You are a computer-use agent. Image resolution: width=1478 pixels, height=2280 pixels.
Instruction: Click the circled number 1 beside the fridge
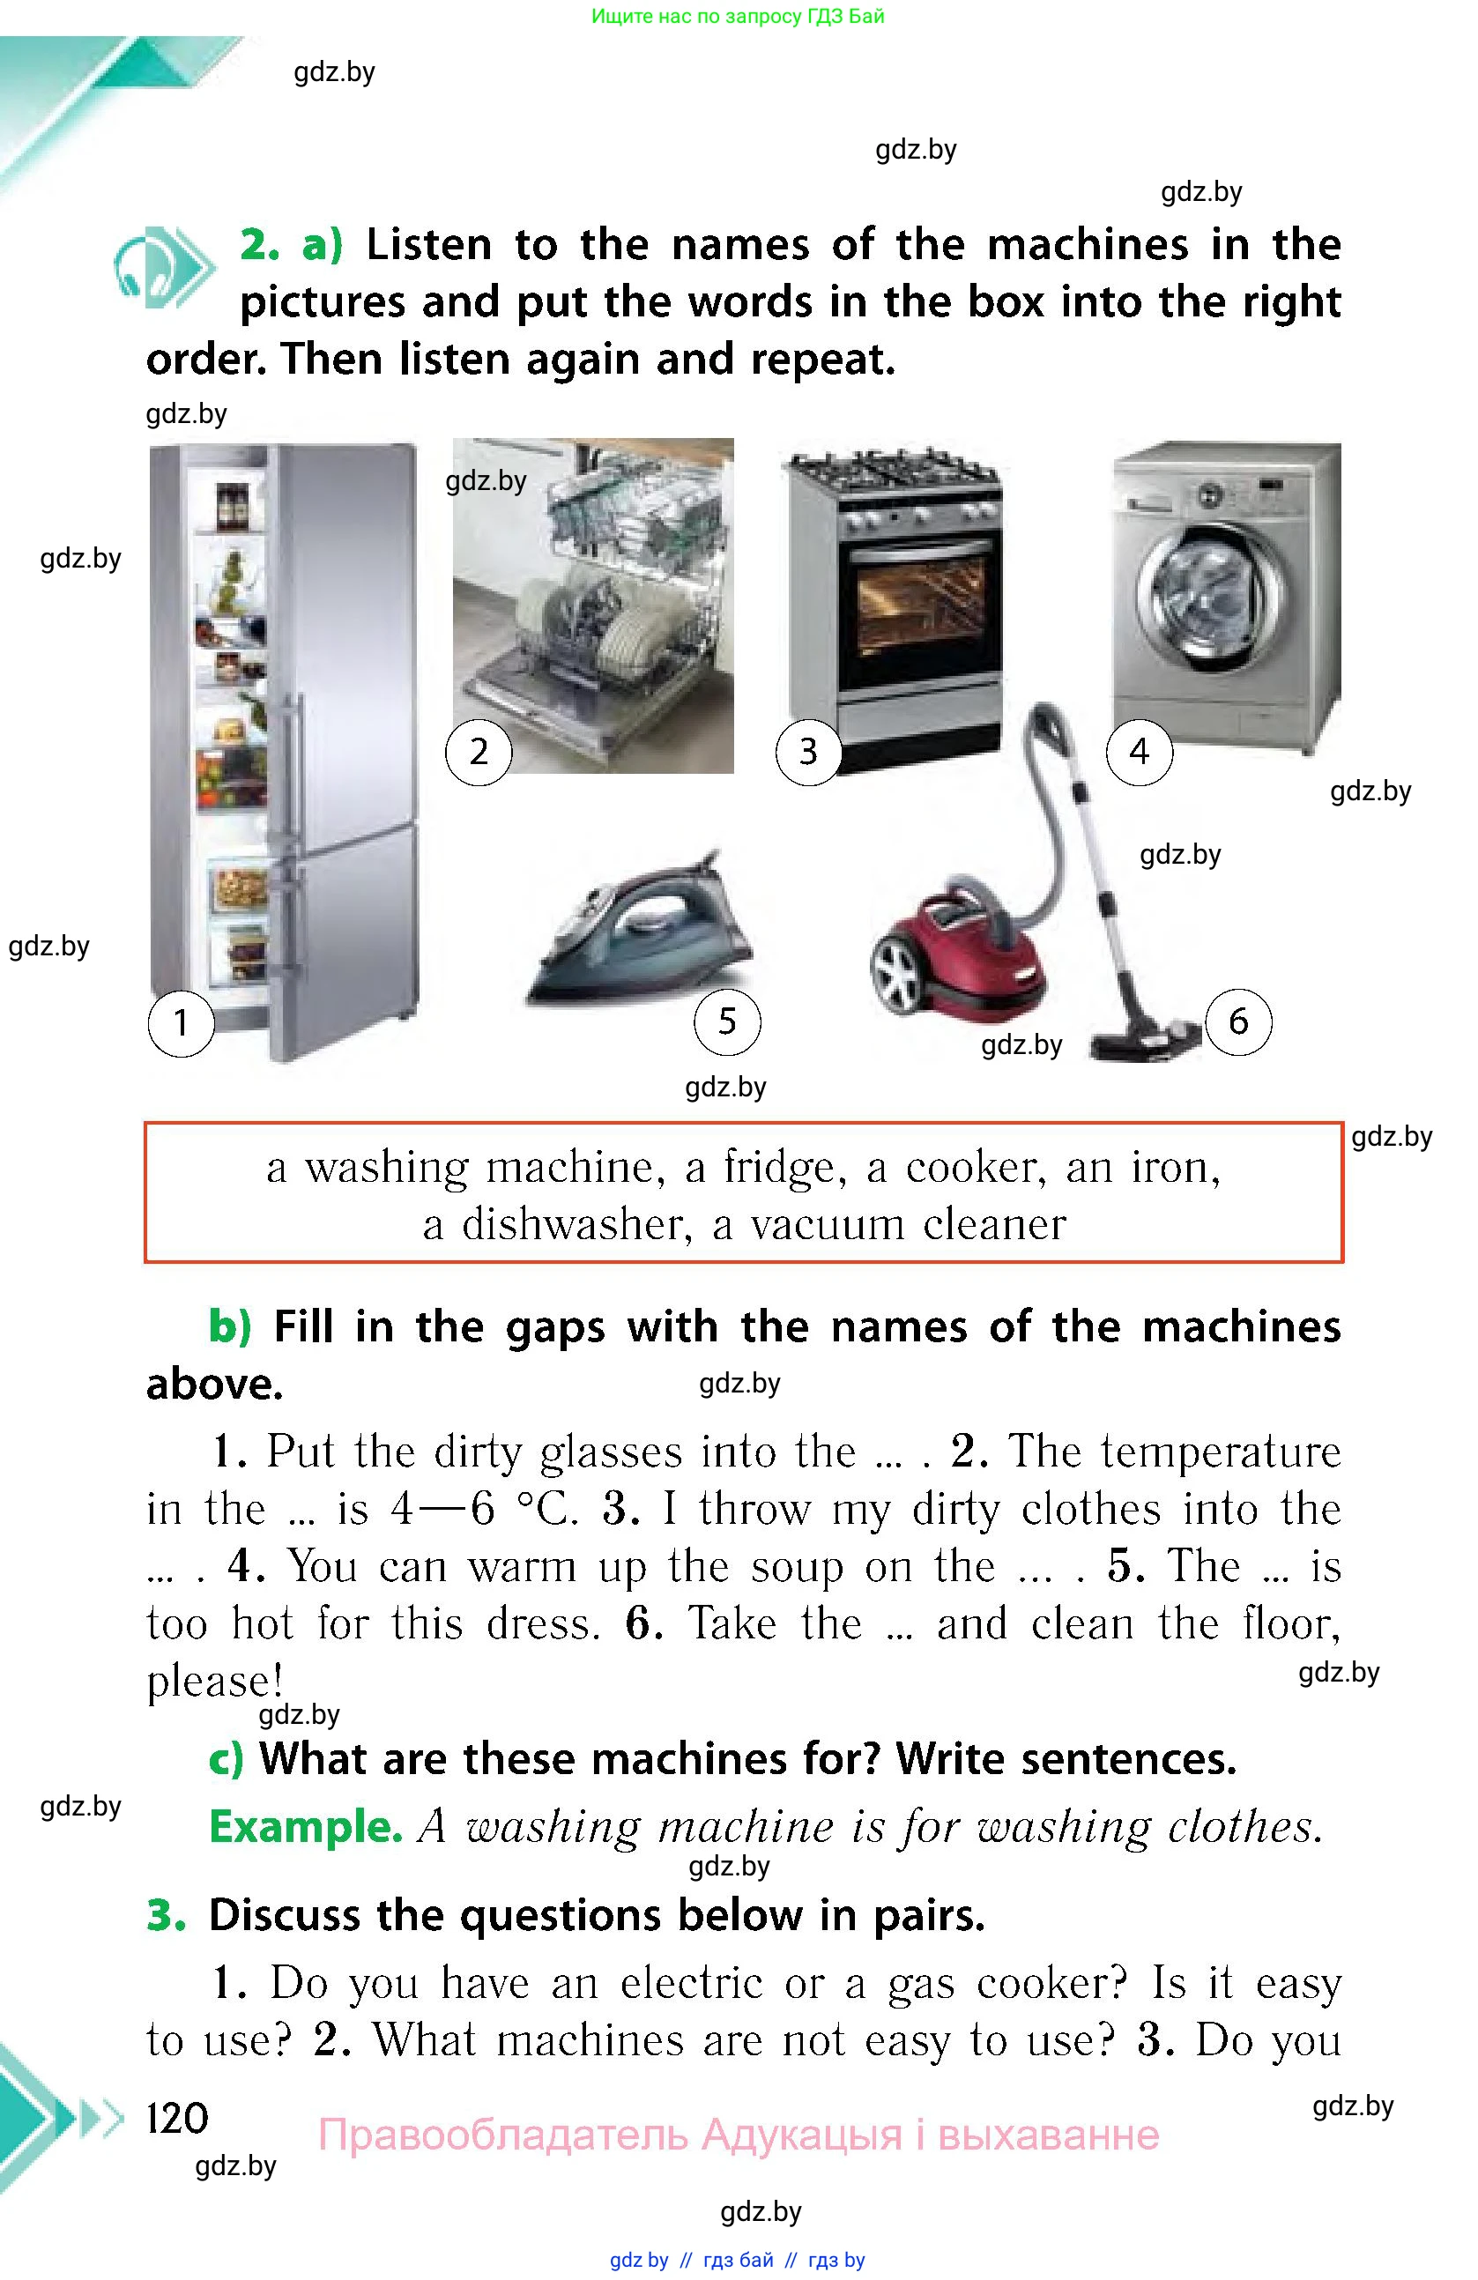coord(181,1023)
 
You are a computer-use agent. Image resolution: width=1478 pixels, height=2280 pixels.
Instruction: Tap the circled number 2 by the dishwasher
coord(479,752)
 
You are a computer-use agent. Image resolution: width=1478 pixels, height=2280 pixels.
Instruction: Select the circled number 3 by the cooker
coord(808,752)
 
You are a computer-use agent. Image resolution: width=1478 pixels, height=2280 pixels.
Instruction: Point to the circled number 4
coord(1139,752)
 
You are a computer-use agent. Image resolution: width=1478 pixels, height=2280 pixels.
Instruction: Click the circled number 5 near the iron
coord(727,1022)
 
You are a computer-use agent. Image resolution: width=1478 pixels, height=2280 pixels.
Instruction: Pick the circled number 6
coord(1238,1022)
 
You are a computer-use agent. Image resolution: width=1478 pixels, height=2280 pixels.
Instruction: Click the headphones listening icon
coord(163,268)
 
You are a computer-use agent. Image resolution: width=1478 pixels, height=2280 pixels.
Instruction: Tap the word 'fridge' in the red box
coord(784,1168)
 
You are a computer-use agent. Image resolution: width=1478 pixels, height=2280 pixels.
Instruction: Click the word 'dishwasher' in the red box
coord(576,1224)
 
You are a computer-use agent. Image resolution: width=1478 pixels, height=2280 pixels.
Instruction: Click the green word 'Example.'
coord(306,1826)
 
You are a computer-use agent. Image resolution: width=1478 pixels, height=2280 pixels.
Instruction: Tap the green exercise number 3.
coord(165,1916)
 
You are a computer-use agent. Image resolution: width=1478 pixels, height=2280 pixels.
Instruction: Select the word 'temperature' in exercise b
coord(1221,1452)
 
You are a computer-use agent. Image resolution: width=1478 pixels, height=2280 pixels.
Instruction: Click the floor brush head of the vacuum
coord(1145,1040)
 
